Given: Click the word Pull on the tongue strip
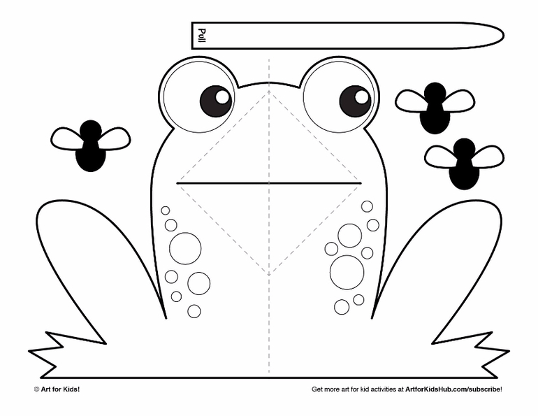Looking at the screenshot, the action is pos(202,36).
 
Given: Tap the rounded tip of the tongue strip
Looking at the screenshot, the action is pos(503,36).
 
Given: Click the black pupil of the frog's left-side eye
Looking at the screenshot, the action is pos(216,101).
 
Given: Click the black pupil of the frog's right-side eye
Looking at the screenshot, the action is pos(355,101).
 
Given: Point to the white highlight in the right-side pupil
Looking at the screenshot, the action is pos(362,97).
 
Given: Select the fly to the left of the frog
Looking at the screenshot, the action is pos(91,145).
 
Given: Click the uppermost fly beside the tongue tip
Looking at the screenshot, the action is pos(435,108).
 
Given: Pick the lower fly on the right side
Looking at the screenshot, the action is pos(464,164).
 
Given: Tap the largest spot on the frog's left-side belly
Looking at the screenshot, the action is pos(185,248).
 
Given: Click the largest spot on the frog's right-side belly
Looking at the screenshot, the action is pos(347,272).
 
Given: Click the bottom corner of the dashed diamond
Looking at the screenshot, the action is pos(269,275).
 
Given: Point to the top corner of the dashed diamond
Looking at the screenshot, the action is pos(269,92).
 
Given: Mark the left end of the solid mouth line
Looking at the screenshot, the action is pos(177,183).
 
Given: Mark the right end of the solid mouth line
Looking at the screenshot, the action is pos(361,183).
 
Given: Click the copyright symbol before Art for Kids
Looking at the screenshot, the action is pos(36,389).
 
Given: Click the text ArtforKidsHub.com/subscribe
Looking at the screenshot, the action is pos(453,389).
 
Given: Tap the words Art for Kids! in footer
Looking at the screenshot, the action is pos(60,389).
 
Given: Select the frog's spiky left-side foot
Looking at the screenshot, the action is pos(67,354).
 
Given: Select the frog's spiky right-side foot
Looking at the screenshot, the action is pos(471,354).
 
